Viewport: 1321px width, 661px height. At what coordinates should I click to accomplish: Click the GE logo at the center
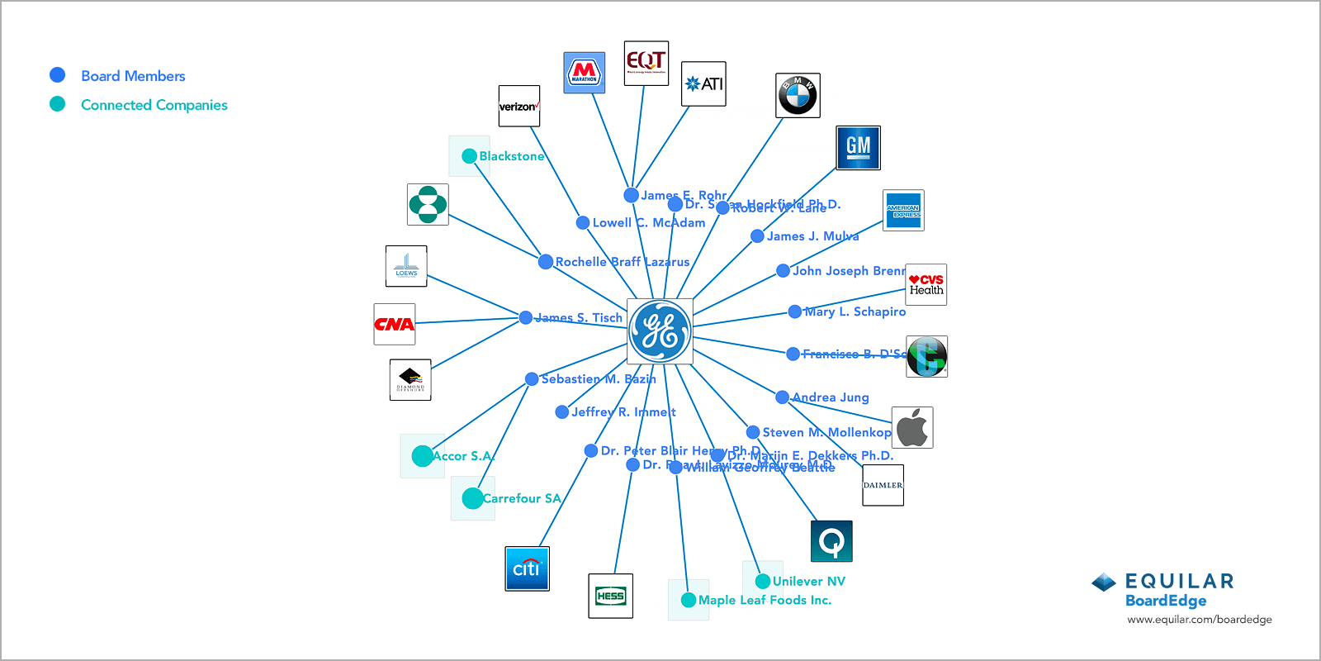point(660,331)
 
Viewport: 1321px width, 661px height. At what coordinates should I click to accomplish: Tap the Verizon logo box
point(519,106)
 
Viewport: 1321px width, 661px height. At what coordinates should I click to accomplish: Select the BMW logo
point(798,95)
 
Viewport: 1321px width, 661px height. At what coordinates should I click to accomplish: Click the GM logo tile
point(858,148)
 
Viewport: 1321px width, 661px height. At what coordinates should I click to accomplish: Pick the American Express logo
point(903,210)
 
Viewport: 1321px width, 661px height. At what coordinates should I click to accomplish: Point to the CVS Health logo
point(926,284)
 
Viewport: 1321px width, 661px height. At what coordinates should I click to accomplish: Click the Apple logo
point(912,427)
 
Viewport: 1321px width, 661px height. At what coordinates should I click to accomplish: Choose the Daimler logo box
point(883,485)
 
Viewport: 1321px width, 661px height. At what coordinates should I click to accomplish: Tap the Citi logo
point(527,568)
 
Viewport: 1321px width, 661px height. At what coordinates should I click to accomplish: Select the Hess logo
point(610,596)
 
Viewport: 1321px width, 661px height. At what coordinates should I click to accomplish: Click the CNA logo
point(394,324)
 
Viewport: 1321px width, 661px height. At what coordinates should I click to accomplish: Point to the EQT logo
point(646,63)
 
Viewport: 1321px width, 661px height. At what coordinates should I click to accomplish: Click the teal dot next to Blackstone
point(469,156)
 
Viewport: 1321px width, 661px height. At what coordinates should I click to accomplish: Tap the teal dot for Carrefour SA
point(472,498)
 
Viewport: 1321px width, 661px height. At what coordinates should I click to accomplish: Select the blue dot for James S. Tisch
point(526,317)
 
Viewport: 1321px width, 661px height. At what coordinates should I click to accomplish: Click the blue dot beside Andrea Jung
point(782,397)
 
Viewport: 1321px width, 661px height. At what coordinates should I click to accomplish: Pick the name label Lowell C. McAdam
point(649,223)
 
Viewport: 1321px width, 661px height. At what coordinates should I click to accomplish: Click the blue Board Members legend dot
point(58,75)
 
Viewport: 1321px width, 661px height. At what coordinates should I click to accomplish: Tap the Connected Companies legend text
point(154,105)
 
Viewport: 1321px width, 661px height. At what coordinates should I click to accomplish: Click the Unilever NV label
point(808,582)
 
